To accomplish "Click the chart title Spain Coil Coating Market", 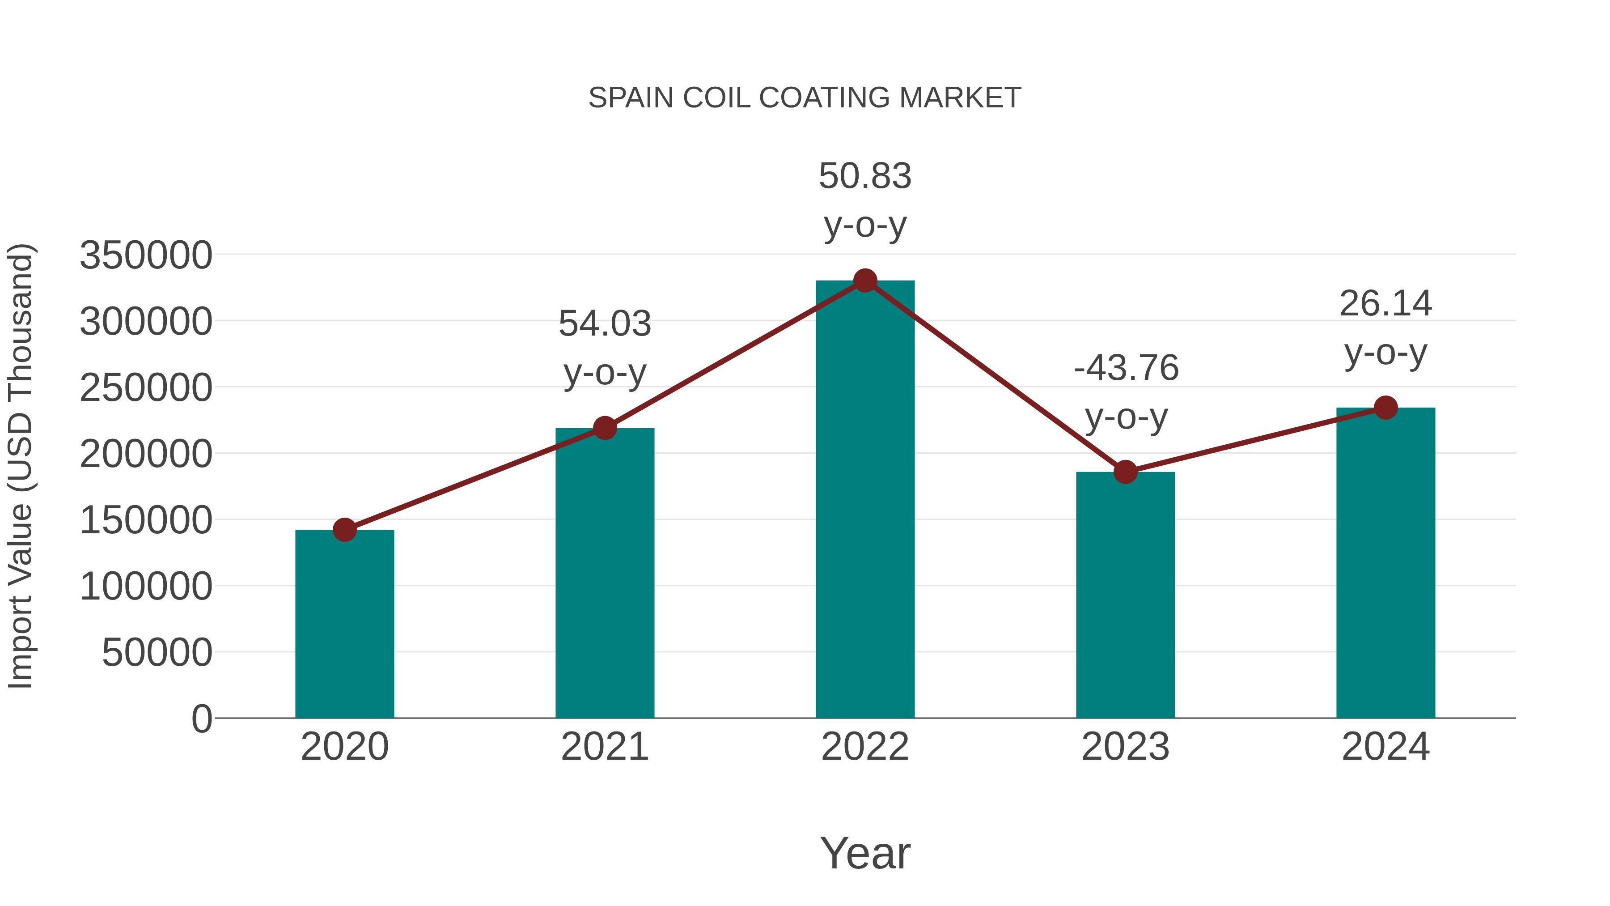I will [805, 98].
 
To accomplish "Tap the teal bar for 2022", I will [865, 500].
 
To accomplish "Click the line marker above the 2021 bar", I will [604, 428].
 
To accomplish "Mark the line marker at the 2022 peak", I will [865, 281].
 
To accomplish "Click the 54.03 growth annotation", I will [604, 324].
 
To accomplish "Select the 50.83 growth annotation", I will [865, 176].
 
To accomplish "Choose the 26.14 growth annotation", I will [1385, 304].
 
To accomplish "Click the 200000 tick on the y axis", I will [146, 454].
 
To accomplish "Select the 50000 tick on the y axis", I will [157, 653].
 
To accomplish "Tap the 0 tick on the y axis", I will [202, 719].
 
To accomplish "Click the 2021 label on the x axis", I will [604, 747].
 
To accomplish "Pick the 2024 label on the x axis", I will [1385, 747].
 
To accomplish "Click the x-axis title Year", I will [865, 854].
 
